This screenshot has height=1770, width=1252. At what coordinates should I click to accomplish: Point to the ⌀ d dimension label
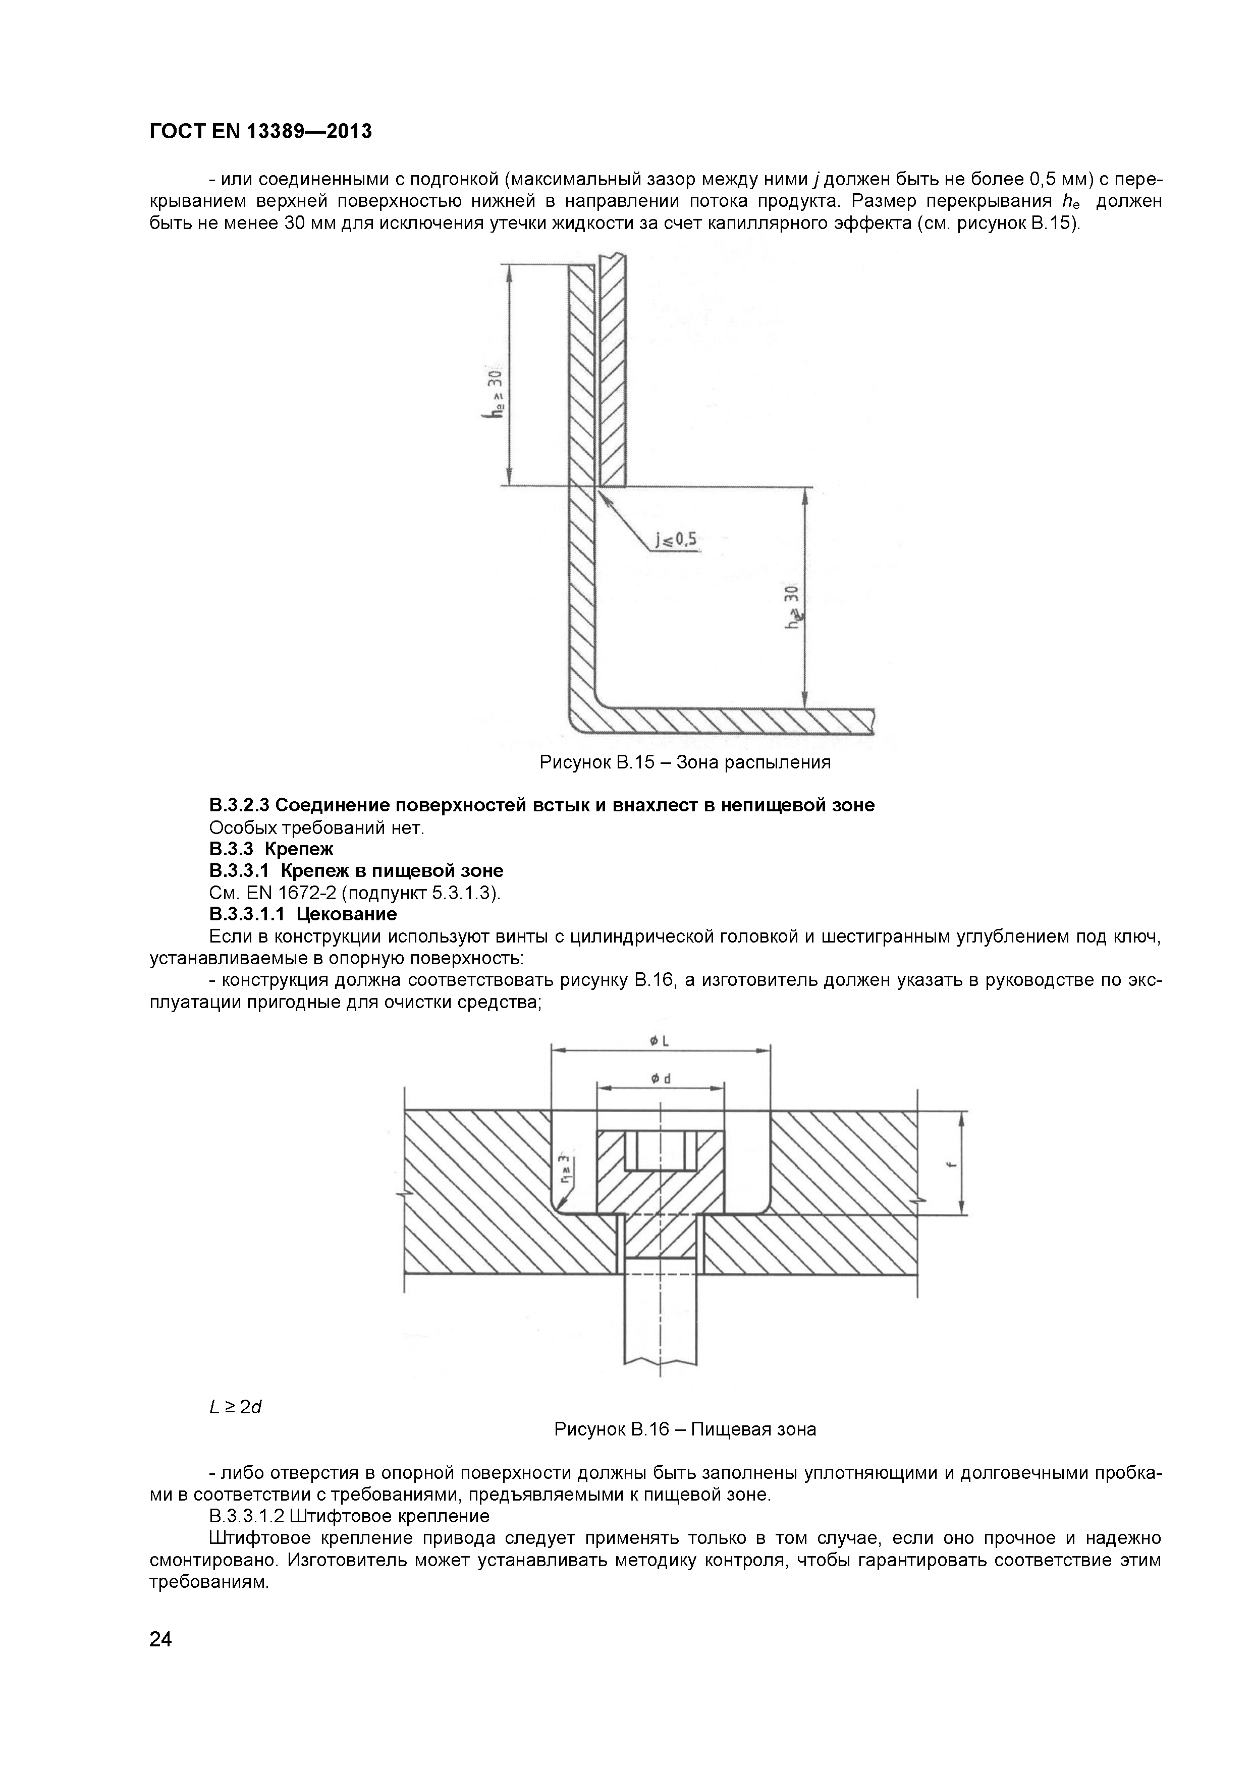[x=660, y=1079]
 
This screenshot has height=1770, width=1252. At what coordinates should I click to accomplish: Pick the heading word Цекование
[x=347, y=914]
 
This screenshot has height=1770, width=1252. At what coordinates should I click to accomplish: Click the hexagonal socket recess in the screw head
[x=660, y=1152]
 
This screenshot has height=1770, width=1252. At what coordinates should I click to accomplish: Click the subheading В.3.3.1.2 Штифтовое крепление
[x=349, y=1516]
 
